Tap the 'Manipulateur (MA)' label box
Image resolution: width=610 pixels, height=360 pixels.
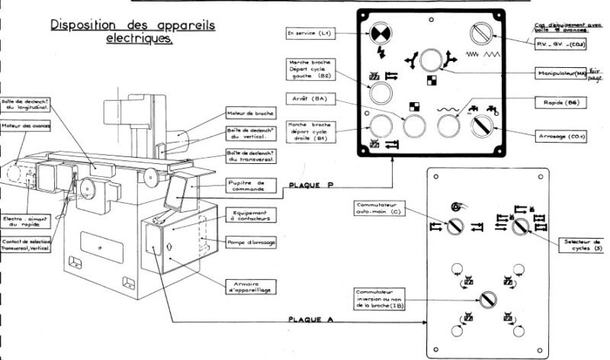560,72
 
